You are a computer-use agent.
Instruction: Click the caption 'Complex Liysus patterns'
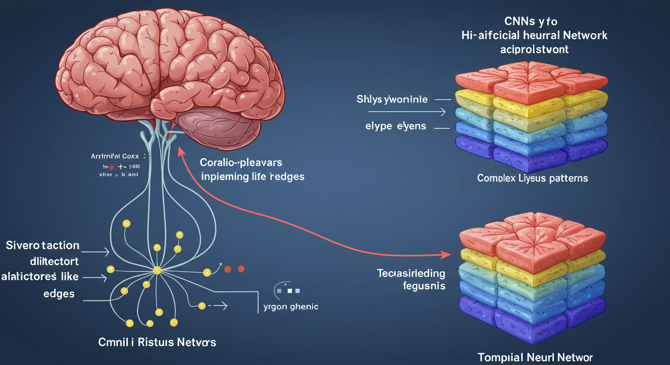pyautogui.click(x=532, y=179)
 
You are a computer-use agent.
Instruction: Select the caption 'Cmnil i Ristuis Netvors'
pyautogui.click(x=157, y=342)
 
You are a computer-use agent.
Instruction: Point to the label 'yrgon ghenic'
pyautogui.click(x=291, y=307)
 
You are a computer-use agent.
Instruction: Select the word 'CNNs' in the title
pyautogui.click(x=517, y=21)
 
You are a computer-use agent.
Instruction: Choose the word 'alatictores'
pyautogui.click(x=29, y=276)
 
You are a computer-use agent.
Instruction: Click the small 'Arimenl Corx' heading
pyautogui.click(x=114, y=156)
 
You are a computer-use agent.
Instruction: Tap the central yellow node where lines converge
pyautogui.click(x=157, y=270)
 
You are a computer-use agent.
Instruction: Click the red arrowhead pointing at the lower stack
pyautogui.click(x=447, y=255)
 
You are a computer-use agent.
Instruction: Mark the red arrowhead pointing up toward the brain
pyautogui.click(x=181, y=152)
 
